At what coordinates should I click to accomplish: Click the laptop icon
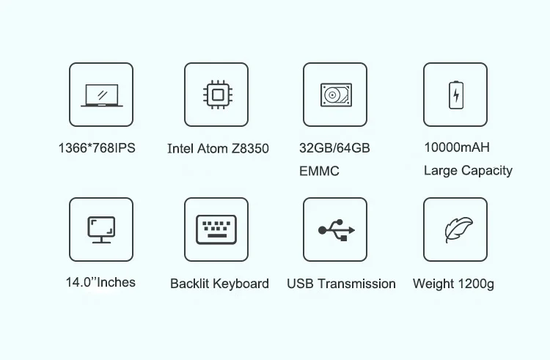101,95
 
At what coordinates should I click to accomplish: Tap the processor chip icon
216,95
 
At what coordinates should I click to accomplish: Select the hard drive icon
335,95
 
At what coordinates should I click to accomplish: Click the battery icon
455,95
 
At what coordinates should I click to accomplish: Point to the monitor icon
101,229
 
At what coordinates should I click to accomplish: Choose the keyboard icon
216,229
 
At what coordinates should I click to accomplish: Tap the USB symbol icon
335,229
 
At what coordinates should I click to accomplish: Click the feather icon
455,229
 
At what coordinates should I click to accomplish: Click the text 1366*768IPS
97,147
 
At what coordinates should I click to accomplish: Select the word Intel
180,148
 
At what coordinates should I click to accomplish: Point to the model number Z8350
250,148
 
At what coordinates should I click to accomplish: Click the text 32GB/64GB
334,147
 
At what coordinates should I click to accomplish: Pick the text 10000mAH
457,147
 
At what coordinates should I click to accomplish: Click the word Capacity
487,171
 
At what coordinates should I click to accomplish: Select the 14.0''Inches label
101,282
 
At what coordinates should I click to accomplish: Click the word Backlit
190,283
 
